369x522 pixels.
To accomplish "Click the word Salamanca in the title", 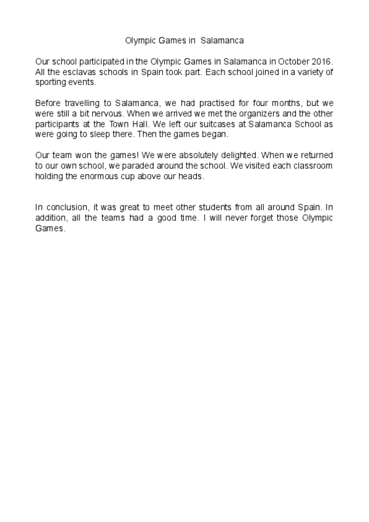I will [222, 41].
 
